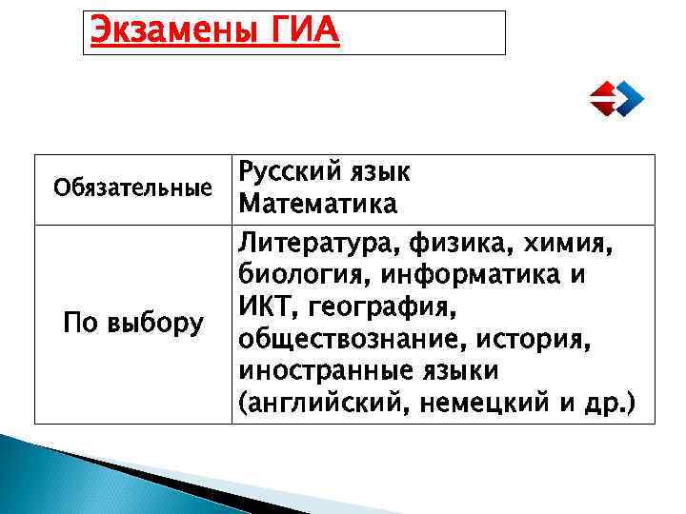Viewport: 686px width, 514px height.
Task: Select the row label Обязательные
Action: tap(132, 188)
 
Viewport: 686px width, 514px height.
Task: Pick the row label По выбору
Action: tap(132, 324)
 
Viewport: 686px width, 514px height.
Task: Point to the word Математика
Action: tap(318, 205)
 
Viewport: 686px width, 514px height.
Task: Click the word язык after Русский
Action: tap(380, 172)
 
